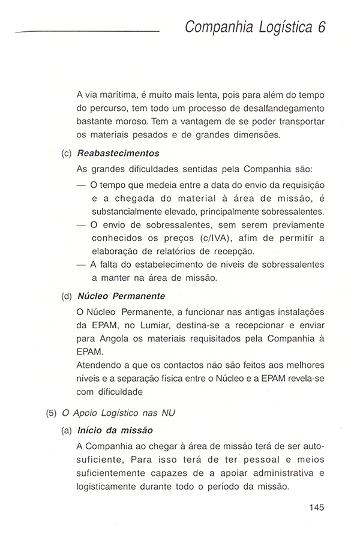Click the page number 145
(x=317, y=507)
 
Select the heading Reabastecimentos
(x=118, y=153)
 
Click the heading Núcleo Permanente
(x=121, y=296)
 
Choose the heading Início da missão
(x=115, y=430)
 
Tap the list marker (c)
(x=67, y=153)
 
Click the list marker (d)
(x=67, y=296)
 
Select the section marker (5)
(x=52, y=413)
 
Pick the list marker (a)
(x=67, y=430)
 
